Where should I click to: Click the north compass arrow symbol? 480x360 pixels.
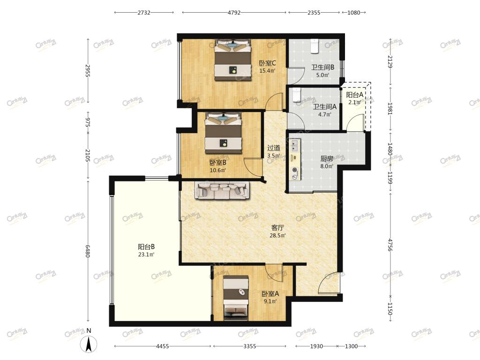point(89,344)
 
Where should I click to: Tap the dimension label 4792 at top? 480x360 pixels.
point(234,13)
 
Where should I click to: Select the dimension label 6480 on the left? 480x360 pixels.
point(88,251)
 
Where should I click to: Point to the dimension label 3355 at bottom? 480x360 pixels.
point(249,346)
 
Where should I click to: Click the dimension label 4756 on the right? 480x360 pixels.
point(390,245)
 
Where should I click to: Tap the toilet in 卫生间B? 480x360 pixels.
point(315,46)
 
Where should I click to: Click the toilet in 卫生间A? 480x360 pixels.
point(297,95)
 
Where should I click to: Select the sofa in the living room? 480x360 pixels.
point(222,190)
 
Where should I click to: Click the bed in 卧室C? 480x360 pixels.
point(233,60)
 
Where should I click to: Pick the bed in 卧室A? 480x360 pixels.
point(235,298)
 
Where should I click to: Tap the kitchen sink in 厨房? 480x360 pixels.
point(295,145)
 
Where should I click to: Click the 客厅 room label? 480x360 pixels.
point(277,228)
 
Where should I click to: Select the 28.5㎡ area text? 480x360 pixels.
point(277,235)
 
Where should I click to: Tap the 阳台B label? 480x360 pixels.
point(146,247)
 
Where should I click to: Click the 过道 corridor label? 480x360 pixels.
point(273,148)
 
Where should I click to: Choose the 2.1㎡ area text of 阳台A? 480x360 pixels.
point(354,102)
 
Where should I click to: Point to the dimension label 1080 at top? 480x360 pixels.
point(353,13)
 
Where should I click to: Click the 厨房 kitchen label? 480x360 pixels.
point(327,158)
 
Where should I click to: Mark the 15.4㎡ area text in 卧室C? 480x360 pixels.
point(267,71)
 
